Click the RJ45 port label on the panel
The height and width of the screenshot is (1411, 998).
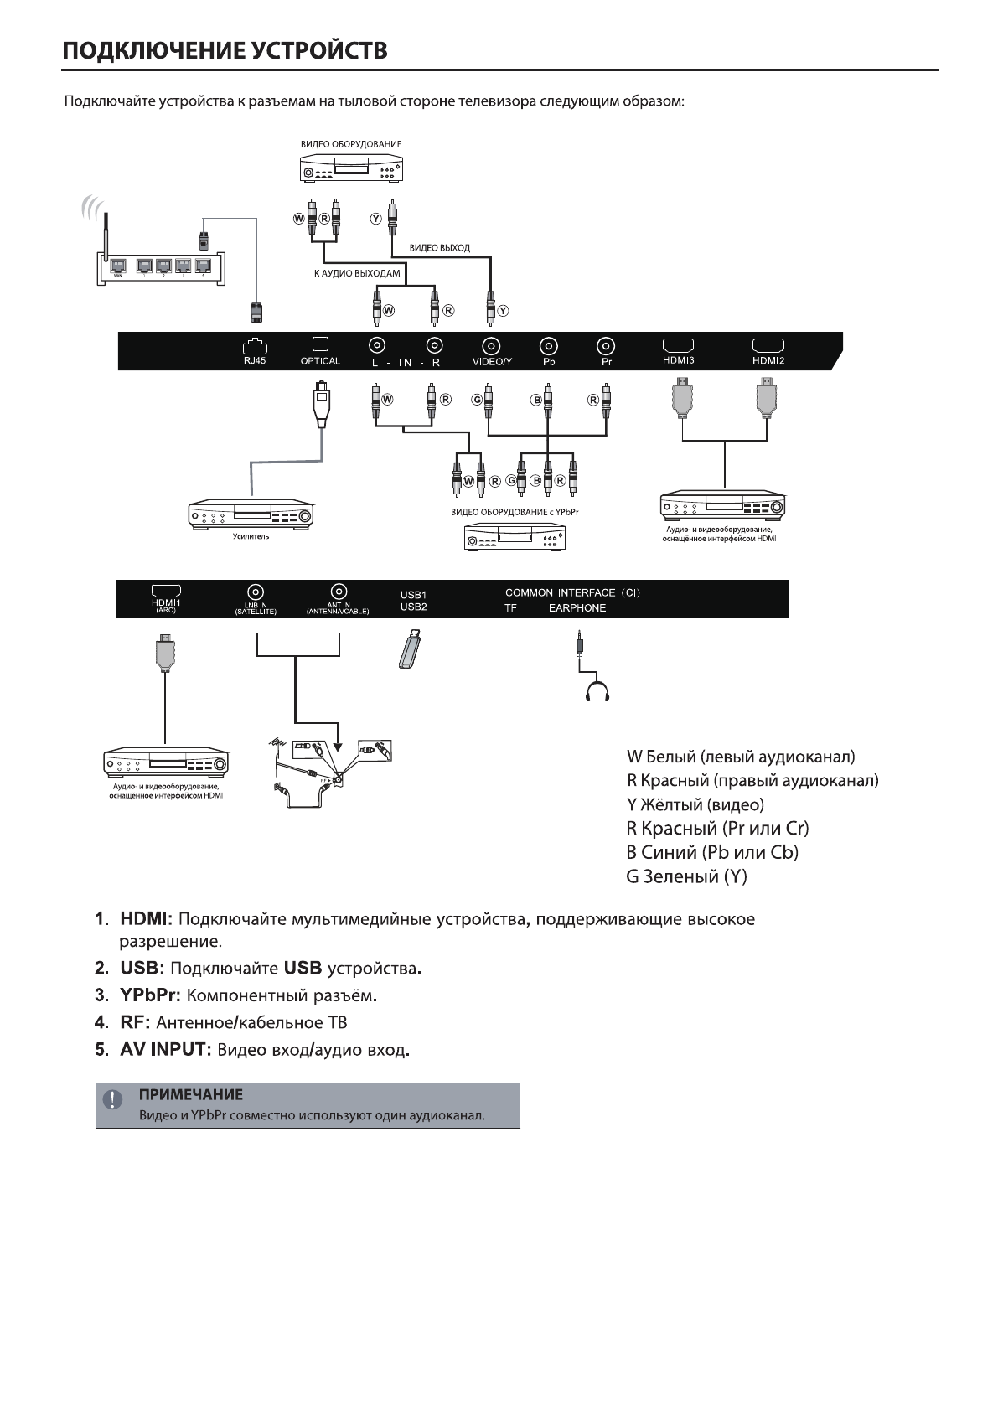coord(254,362)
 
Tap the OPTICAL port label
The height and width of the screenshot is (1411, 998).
coord(320,362)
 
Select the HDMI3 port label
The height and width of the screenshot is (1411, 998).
coord(678,361)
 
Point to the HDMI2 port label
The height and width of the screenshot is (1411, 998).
coord(768,361)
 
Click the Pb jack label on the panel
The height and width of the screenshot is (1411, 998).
coord(549,363)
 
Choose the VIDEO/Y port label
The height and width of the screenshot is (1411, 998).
coord(492,363)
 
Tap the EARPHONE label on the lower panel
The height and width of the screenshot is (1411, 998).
coord(577,608)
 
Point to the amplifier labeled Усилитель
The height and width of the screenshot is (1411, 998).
coord(251,514)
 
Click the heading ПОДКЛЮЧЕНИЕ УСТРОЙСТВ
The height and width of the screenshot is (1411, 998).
coord(225,50)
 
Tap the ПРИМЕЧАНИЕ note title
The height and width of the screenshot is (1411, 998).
coord(191,1095)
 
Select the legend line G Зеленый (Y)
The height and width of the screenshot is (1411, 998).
coord(686,877)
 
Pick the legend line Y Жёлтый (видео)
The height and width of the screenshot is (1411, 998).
coord(695,805)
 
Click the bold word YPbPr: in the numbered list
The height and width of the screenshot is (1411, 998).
coord(149,995)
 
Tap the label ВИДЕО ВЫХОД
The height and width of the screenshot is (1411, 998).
coord(440,248)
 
